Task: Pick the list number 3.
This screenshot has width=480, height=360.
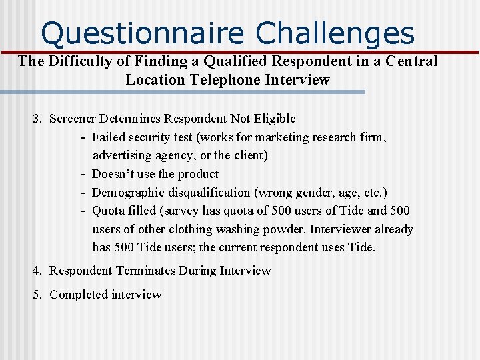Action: point(37,119)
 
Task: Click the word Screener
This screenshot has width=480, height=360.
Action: point(73,119)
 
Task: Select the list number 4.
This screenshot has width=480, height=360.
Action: point(37,271)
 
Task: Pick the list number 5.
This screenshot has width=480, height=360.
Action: point(37,295)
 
